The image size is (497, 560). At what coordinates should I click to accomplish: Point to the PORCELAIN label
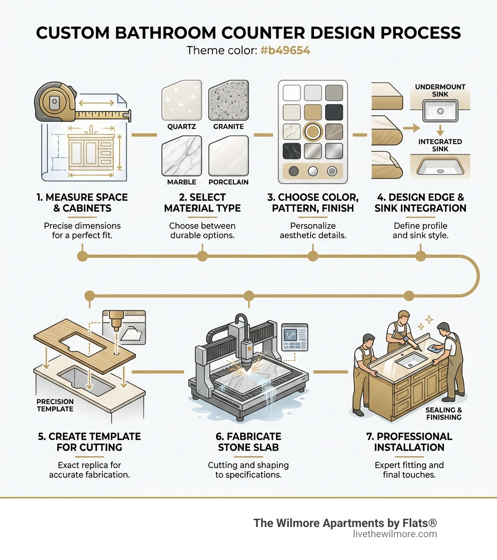pyautogui.click(x=228, y=182)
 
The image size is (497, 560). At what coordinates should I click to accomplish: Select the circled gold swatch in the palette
pyautogui.click(x=313, y=131)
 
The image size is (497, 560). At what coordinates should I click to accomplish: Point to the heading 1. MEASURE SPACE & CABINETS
pyautogui.click(x=82, y=203)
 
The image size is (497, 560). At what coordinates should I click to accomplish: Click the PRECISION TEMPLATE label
pyautogui.click(x=55, y=405)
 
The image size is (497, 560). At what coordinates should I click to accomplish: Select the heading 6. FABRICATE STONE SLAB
pyautogui.click(x=248, y=442)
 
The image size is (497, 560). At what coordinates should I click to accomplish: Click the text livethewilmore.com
pyautogui.click(x=395, y=534)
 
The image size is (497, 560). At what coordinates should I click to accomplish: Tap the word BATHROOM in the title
pyautogui.click(x=171, y=33)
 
